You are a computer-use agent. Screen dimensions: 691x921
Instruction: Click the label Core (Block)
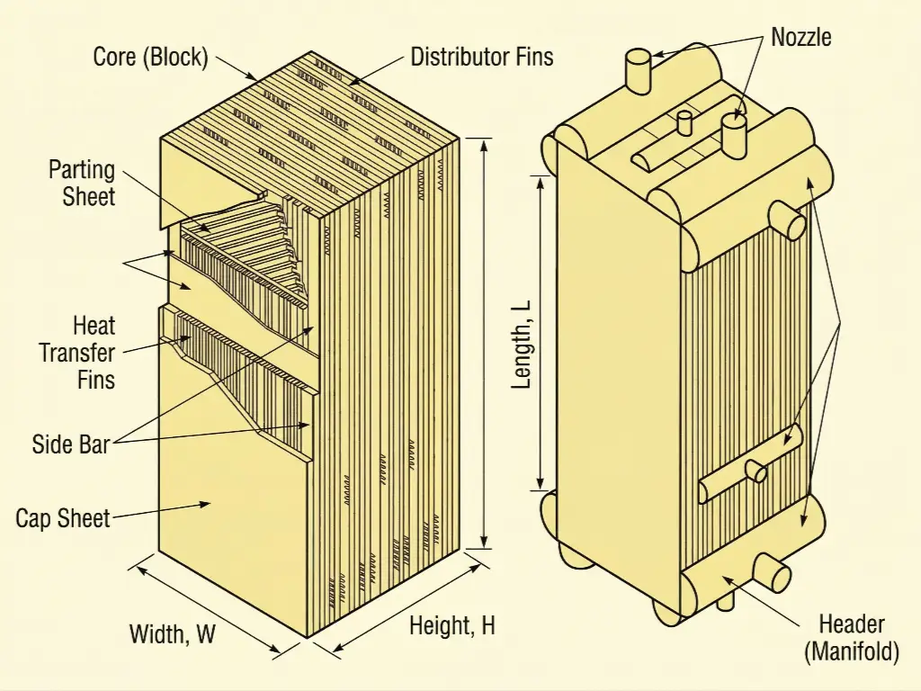pos(150,58)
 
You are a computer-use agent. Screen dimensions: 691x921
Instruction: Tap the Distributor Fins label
pos(481,58)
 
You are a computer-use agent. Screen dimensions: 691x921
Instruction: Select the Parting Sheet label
pos(82,183)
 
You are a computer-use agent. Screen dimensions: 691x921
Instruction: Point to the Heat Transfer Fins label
pos(77,352)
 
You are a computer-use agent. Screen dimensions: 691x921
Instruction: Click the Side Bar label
pos(70,444)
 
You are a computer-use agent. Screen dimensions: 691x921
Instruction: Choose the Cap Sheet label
pos(63,518)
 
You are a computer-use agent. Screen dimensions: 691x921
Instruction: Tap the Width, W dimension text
pos(173,633)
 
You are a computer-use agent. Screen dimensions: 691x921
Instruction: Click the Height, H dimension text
pos(452,626)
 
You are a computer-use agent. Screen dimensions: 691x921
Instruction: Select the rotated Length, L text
pos(522,343)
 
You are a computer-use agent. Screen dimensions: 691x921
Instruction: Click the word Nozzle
pos(801,37)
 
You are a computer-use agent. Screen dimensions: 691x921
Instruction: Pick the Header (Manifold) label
pos(852,638)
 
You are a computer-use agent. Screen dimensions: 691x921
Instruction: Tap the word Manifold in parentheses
pos(852,652)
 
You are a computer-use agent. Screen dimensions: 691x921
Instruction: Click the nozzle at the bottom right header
pos(771,570)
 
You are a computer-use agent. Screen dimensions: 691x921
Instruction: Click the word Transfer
pos(77,352)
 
